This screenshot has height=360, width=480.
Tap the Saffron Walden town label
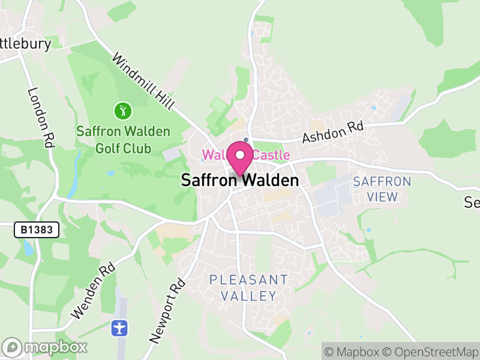point(239,181)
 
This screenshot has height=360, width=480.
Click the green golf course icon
point(123,110)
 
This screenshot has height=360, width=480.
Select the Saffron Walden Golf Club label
point(124,139)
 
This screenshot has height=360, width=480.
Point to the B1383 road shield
point(37,229)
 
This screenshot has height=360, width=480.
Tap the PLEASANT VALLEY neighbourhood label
point(248,287)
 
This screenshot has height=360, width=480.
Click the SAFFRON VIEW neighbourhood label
point(382,189)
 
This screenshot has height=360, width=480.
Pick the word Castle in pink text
point(271,155)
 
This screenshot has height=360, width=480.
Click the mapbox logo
point(45,347)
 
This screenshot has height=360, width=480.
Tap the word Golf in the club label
point(109,148)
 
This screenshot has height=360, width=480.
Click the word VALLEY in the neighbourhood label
point(248,296)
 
